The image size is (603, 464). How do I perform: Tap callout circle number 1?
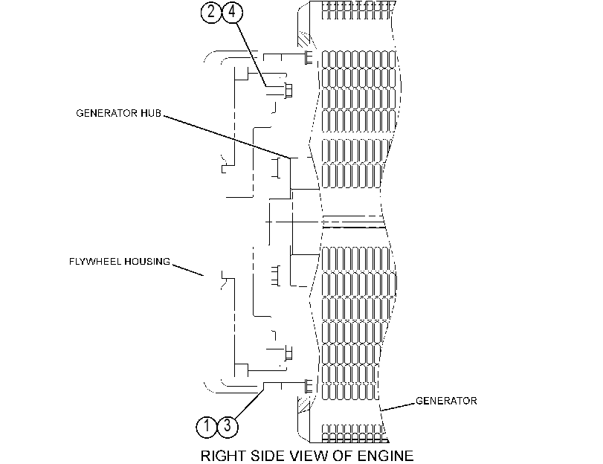coord(207,426)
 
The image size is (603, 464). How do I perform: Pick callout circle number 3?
coord(228,426)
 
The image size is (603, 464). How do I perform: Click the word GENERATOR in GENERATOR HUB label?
coord(106,113)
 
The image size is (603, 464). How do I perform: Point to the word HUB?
coord(151,113)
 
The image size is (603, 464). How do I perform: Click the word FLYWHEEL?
coord(95,262)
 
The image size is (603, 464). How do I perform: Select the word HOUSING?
coord(147,262)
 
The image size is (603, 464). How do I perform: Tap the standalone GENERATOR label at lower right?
coord(446,401)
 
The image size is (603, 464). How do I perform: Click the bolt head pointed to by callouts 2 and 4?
coord(288,91)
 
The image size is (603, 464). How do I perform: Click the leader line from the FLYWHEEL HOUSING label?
coord(187,270)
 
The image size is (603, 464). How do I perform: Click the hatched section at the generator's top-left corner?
coord(304,40)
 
